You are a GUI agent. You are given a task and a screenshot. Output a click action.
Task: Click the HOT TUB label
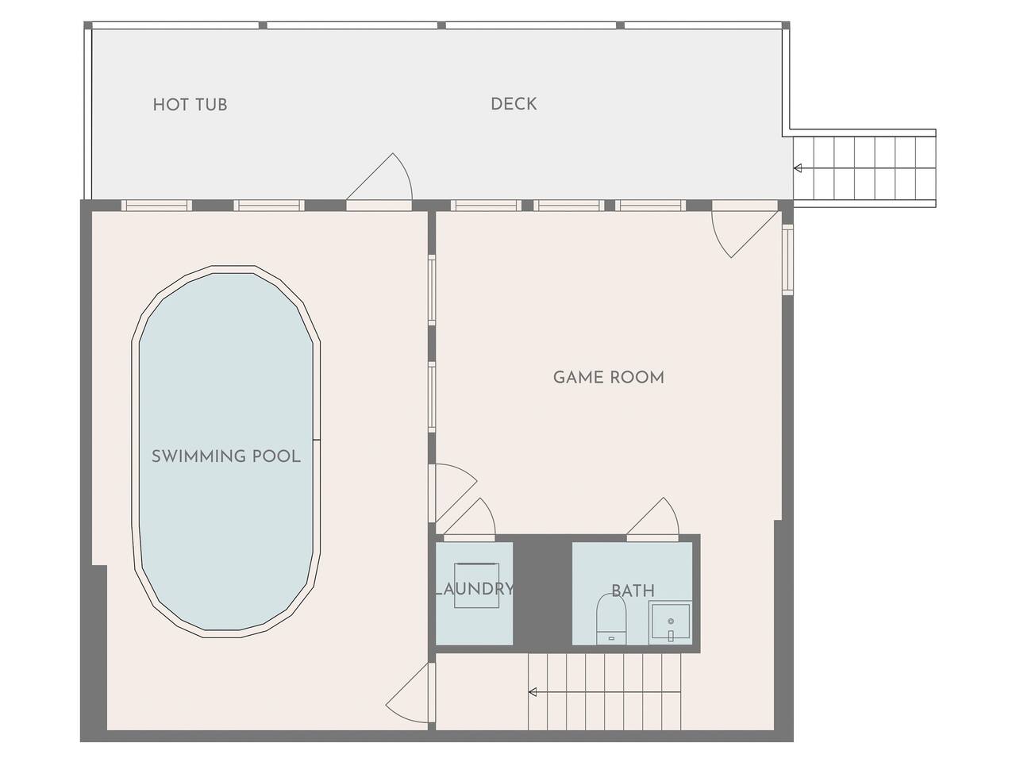[x=190, y=105]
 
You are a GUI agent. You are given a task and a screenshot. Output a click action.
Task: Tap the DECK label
[x=514, y=104]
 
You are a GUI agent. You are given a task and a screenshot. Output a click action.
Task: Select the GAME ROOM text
[x=609, y=378]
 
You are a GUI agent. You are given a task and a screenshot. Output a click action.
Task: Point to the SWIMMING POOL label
[x=226, y=456]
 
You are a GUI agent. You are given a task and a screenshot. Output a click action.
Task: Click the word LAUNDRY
[x=475, y=589]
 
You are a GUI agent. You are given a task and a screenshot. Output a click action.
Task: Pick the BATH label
[x=633, y=591]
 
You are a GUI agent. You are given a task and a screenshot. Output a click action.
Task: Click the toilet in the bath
[x=611, y=619]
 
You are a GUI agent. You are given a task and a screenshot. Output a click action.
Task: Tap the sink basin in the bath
[x=670, y=623]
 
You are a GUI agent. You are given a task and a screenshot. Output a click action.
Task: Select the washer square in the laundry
[x=477, y=585]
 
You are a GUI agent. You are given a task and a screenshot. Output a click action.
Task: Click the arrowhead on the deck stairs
[x=798, y=168]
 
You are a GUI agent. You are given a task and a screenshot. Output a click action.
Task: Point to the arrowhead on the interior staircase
[x=533, y=692]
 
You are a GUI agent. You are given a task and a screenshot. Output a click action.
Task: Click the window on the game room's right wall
[x=788, y=259]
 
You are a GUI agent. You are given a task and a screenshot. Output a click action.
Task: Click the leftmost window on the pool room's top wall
[x=156, y=206]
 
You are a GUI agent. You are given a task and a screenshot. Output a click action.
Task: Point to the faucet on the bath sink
[x=671, y=636]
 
